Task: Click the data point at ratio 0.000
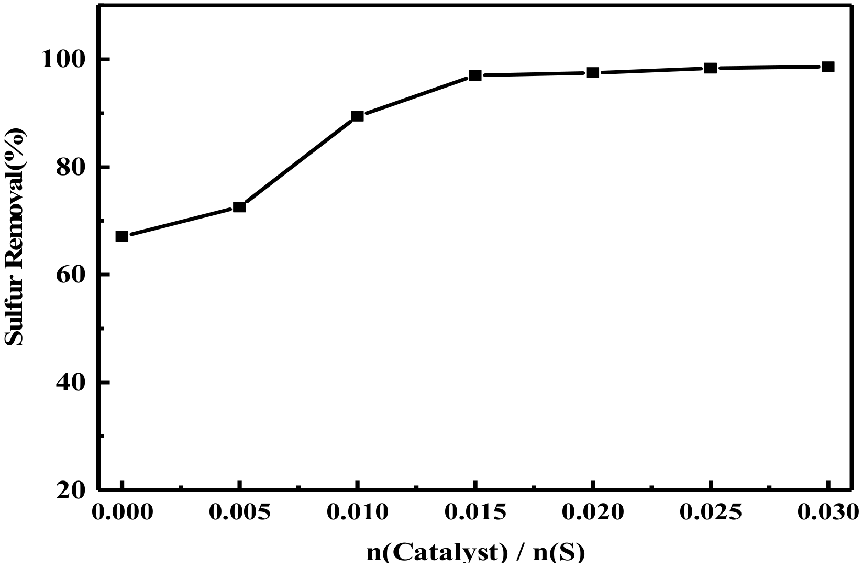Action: click(121, 236)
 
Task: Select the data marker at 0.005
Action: click(239, 207)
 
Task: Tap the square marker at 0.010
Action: click(357, 116)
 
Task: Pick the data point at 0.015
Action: click(475, 75)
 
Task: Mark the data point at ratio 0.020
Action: click(593, 72)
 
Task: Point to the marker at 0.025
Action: click(711, 68)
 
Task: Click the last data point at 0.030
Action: click(828, 67)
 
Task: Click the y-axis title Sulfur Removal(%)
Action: click(15, 237)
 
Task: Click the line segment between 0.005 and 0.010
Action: click(298, 161)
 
